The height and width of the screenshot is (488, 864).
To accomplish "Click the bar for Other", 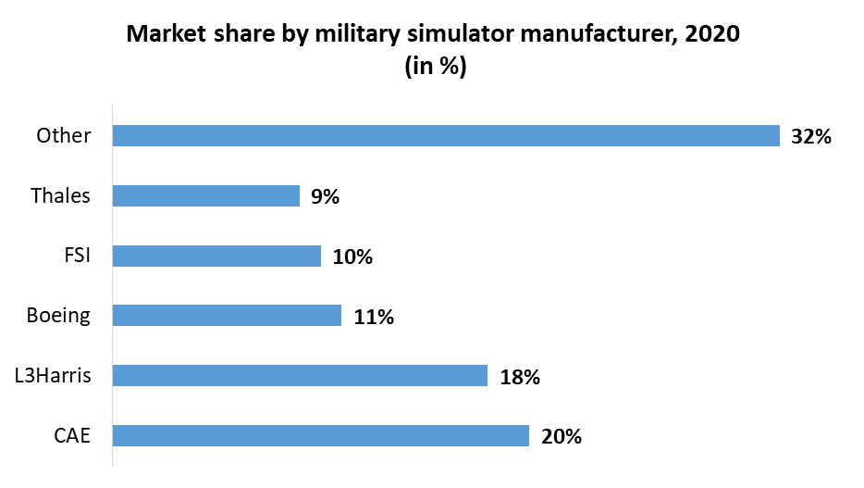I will coord(446,136).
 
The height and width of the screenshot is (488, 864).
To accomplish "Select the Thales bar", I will coord(206,195).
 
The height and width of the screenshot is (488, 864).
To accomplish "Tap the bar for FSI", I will coord(216,256).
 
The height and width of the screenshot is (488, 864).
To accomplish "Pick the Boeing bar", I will coord(227,316).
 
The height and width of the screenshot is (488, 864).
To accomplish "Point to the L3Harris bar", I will coord(300,375).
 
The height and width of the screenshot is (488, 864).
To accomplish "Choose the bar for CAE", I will coord(320,435).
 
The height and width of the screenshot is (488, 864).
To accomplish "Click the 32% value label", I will coord(812,137).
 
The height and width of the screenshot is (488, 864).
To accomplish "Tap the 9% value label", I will coord(326,196).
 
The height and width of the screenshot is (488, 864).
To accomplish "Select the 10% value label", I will coord(352,257).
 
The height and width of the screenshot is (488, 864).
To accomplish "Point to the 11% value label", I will coord(374,317).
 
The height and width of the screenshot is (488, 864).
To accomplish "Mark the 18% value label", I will coord(519,376).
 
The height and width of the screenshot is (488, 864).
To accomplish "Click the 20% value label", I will coord(561,436).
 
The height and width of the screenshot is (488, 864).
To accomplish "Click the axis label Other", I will coord(64,136).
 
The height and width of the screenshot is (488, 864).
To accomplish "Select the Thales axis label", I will coord(61,195).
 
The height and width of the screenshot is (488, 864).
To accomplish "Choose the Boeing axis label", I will coord(59,316).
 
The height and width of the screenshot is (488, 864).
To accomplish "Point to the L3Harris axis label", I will coord(53,375).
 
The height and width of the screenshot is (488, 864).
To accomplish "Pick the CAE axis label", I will coord(71,435).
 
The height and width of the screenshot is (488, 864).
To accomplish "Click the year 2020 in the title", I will coord(711,34).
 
